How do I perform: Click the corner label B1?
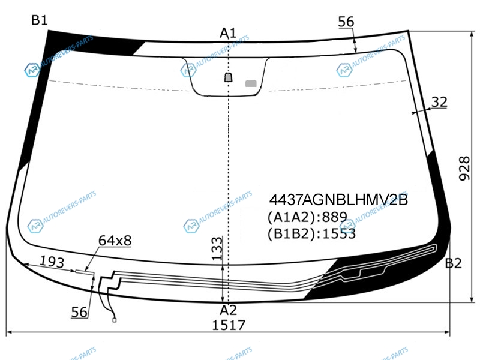click(40, 20)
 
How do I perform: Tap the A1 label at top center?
click(228, 33)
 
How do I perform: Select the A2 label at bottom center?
click(229, 310)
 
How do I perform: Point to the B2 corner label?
click(453, 263)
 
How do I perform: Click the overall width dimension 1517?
click(229, 325)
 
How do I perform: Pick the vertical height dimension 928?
click(464, 168)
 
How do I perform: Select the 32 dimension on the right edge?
click(439, 101)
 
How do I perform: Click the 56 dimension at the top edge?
click(346, 22)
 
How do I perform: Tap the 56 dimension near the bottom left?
click(79, 312)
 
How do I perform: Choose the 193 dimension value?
click(52, 262)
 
